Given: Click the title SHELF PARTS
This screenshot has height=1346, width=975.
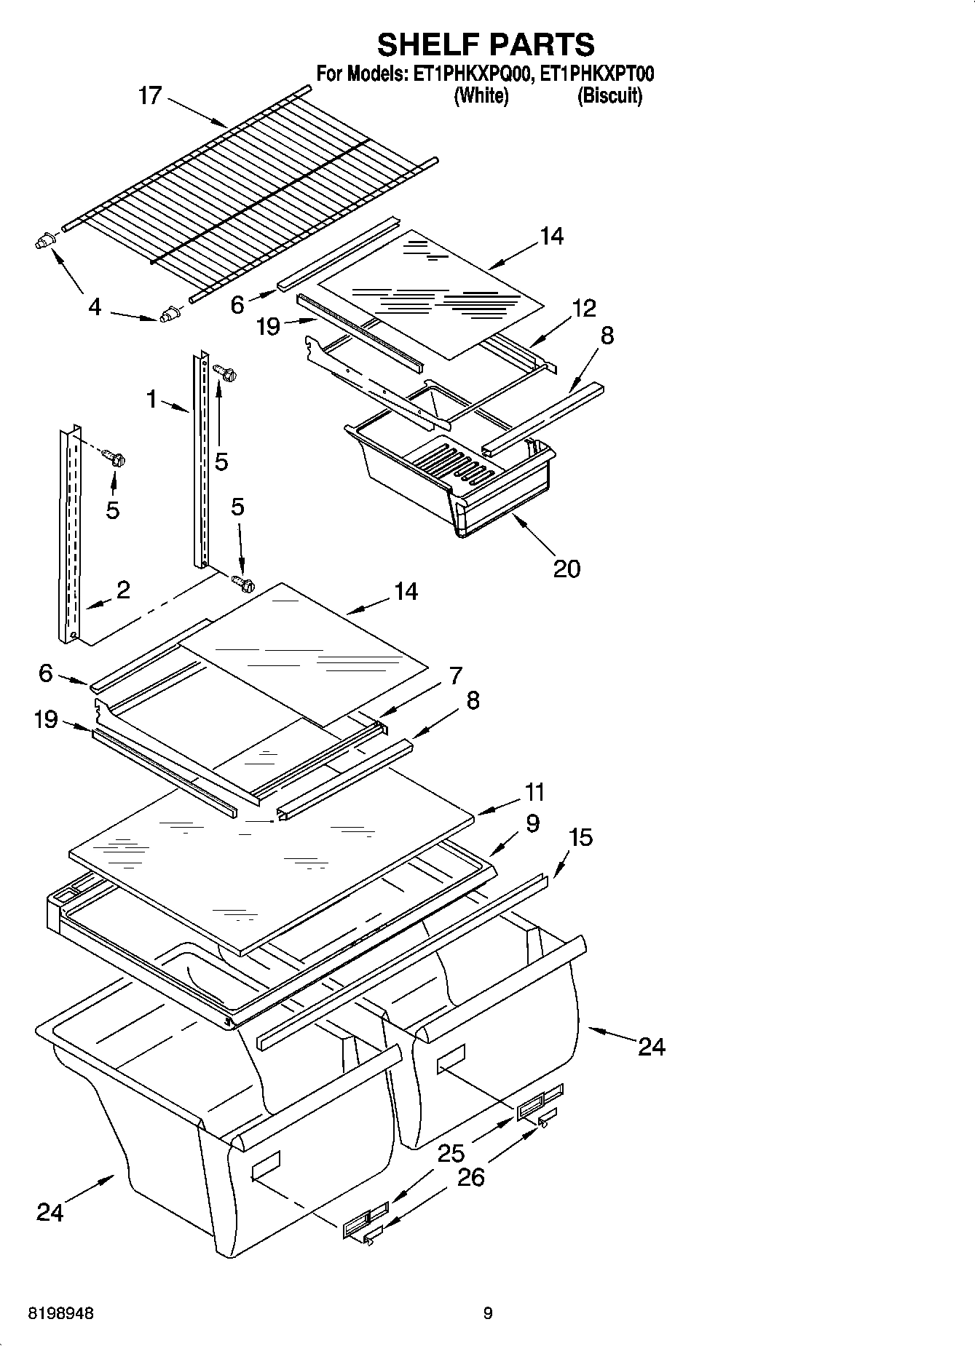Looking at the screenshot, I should pyautogui.click(x=486, y=45).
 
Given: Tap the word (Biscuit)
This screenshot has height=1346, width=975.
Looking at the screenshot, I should pyautogui.click(x=609, y=96).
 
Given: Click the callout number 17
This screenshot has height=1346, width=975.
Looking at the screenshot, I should pyautogui.click(x=149, y=95).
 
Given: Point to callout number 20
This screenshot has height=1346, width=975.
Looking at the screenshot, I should pyautogui.click(x=567, y=568).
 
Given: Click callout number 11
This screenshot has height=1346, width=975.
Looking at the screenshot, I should pyautogui.click(x=534, y=792).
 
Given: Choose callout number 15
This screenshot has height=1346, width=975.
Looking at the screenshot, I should pyautogui.click(x=580, y=837).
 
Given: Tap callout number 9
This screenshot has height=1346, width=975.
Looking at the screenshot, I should pyautogui.click(x=532, y=823).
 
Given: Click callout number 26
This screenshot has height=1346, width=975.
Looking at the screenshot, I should pyautogui.click(x=471, y=1177).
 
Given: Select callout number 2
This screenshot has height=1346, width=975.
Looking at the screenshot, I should pyautogui.click(x=123, y=590).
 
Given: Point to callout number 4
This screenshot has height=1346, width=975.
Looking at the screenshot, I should pyautogui.click(x=95, y=307).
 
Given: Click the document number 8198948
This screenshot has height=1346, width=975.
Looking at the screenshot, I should pyautogui.click(x=60, y=1313).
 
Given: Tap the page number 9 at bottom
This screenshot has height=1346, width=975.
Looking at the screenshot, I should pyautogui.click(x=487, y=1313).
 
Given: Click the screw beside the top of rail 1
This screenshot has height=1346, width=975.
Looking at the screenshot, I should pyautogui.click(x=226, y=374).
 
